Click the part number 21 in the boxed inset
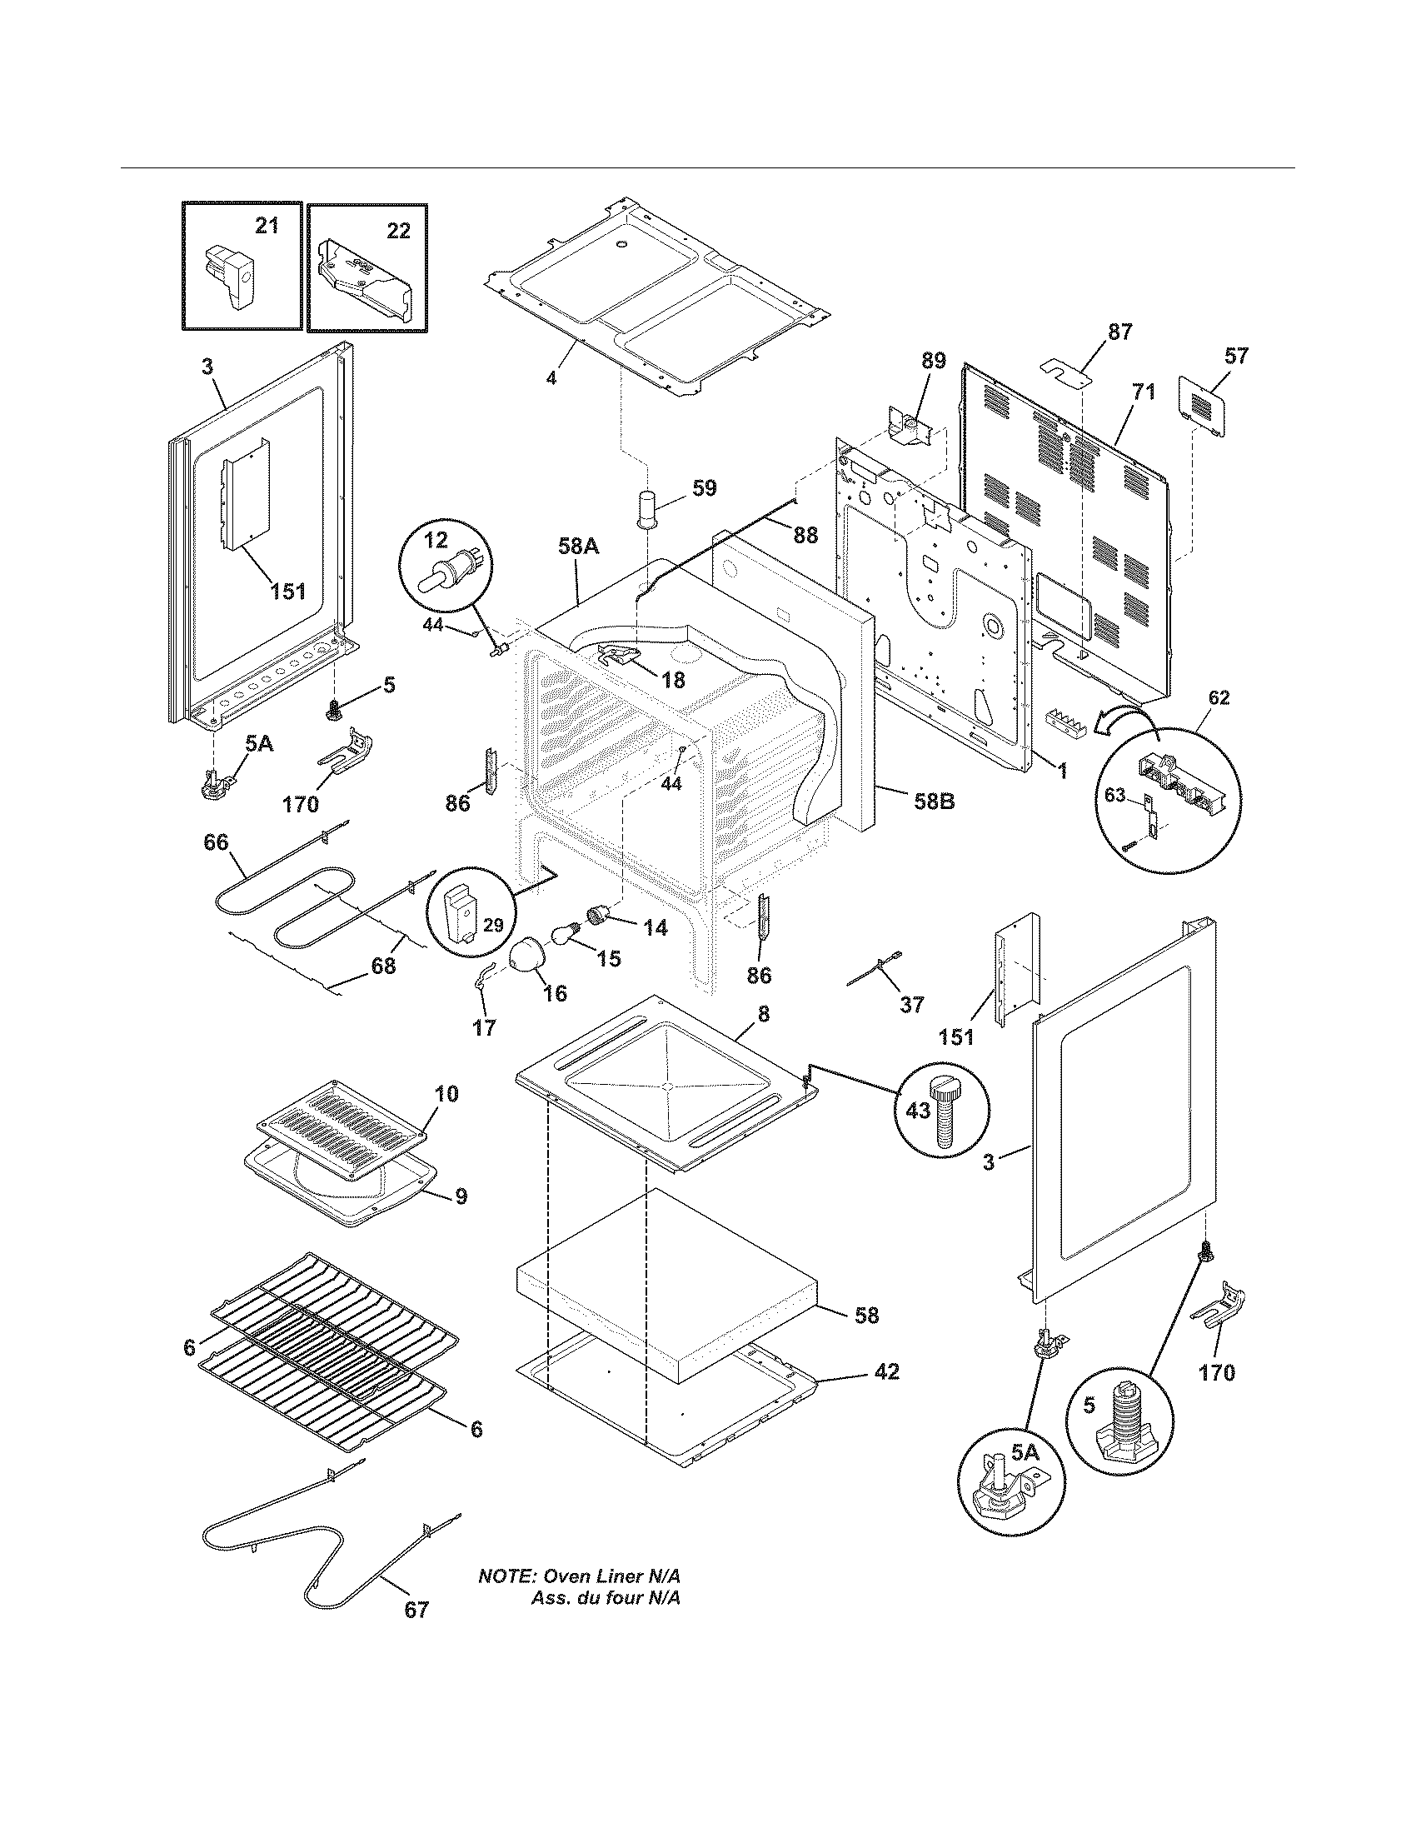(x=266, y=226)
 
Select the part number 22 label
(x=398, y=230)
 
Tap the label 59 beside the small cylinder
(x=705, y=488)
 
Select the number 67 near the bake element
(x=416, y=1610)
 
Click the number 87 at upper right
(x=1119, y=332)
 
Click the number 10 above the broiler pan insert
(x=446, y=1094)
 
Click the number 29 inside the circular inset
(x=493, y=925)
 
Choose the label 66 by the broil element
(x=216, y=842)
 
